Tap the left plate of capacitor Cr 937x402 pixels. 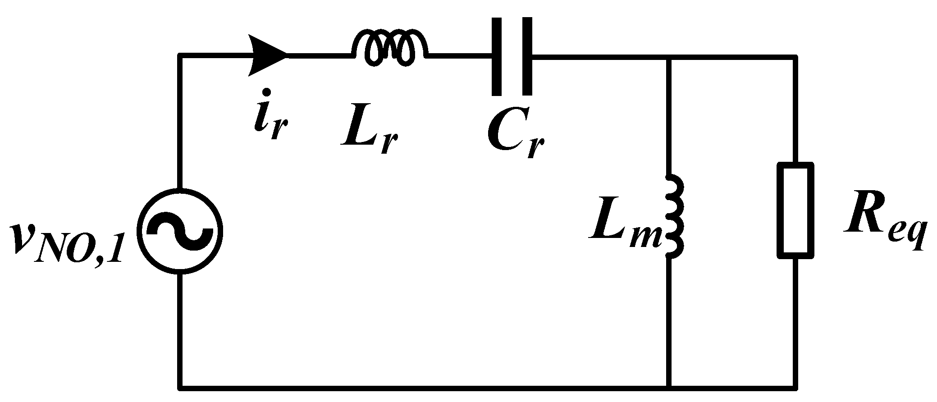(x=497, y=56)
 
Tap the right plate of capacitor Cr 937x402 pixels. (x=526, y=56)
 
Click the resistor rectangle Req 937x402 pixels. (x=795, y=210)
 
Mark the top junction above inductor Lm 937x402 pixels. (x=669, y=57)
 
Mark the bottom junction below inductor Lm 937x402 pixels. (x=669, y=387)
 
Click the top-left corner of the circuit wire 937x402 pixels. (x=180, y=56)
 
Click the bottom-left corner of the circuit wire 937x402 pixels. (x=180, y=387)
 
